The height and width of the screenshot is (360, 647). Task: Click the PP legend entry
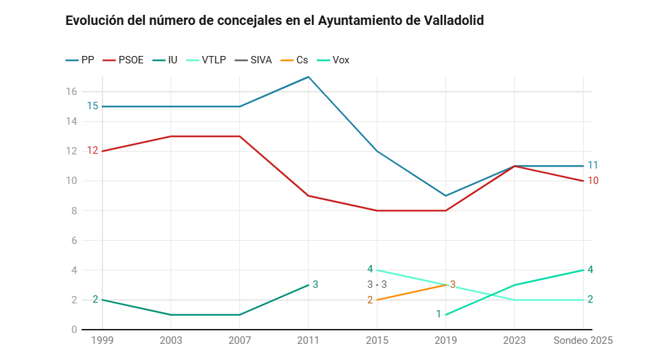[x=80, y=60]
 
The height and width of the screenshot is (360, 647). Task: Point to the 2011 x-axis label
[x=308, y=341]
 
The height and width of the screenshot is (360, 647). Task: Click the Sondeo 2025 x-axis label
[x=583, y=341]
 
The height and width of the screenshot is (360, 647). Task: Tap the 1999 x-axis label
[x=102, y=341]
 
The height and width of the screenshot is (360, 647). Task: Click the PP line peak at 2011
[x=308, y=77]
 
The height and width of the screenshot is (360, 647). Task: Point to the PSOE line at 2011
[x=308, y=196]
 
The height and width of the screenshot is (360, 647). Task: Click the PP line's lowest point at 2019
[x=445, y=196]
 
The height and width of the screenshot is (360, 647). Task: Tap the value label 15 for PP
[x=92, y=107]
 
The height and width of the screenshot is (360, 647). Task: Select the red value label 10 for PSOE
[x=592, y=181]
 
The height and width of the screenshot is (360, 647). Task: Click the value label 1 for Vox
[x=438, y=314]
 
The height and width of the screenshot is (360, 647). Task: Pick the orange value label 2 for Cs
[x=370, y=300]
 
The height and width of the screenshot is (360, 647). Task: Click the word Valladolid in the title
[x=454, y=21]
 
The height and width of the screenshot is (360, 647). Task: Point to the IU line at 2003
[x=171, y=315]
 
